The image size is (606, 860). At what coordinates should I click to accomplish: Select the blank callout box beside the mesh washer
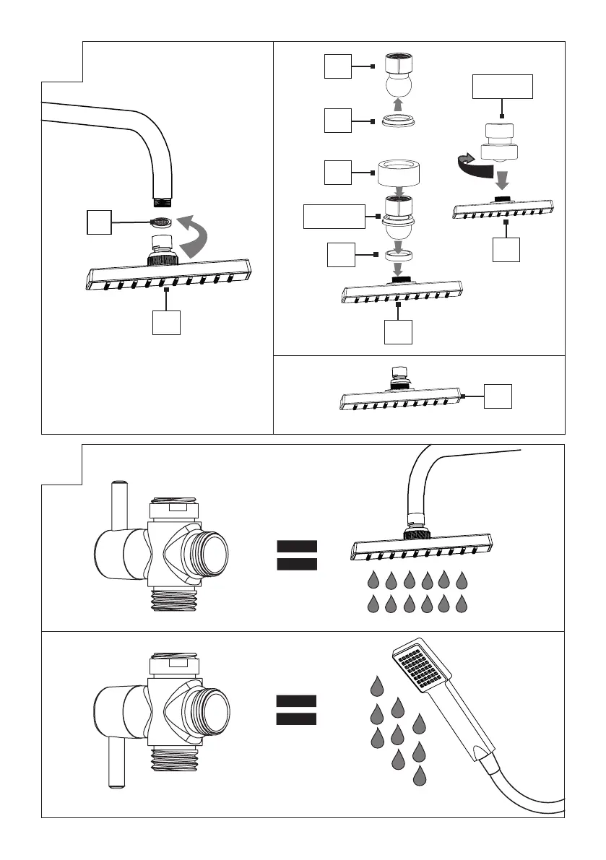coord(99,222)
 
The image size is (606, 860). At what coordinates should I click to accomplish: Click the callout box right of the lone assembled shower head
coord(498,396)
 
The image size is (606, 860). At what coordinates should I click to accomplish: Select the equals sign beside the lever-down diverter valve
coord(296,709)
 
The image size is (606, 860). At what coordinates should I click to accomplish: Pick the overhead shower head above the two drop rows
coord(423,547)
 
